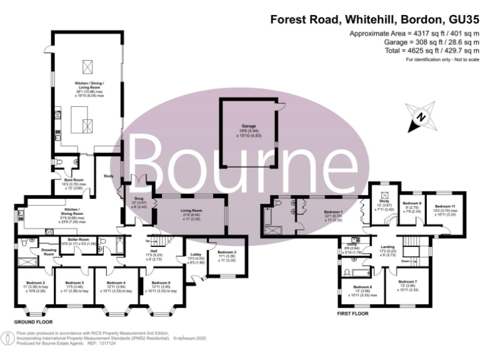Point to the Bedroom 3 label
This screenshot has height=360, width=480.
(x=226, y=252)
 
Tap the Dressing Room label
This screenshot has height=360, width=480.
(x=49, y=251)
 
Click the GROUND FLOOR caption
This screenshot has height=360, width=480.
(x=34, y=321)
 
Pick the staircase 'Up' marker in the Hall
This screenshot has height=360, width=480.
(x=147, y=241)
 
